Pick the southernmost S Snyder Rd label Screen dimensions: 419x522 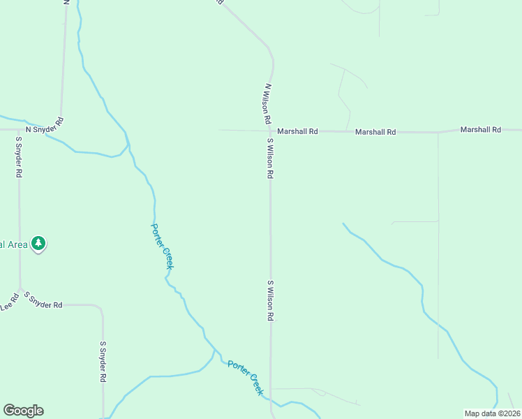[102, 361]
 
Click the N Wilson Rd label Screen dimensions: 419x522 [267, 104]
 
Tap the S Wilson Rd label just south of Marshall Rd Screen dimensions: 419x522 [269, 158]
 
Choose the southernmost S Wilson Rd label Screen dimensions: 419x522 [269, 300]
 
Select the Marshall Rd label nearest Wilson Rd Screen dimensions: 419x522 [297, 131]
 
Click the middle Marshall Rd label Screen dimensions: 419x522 [375, 131]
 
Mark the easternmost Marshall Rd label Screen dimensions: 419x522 [481, 130]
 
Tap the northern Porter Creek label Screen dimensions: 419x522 [162, 246]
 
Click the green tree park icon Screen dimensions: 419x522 [40, 243]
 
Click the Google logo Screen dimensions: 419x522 [23, 411]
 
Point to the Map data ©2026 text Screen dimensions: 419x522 [492, 413]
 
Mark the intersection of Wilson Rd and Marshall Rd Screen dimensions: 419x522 [269, 130]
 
